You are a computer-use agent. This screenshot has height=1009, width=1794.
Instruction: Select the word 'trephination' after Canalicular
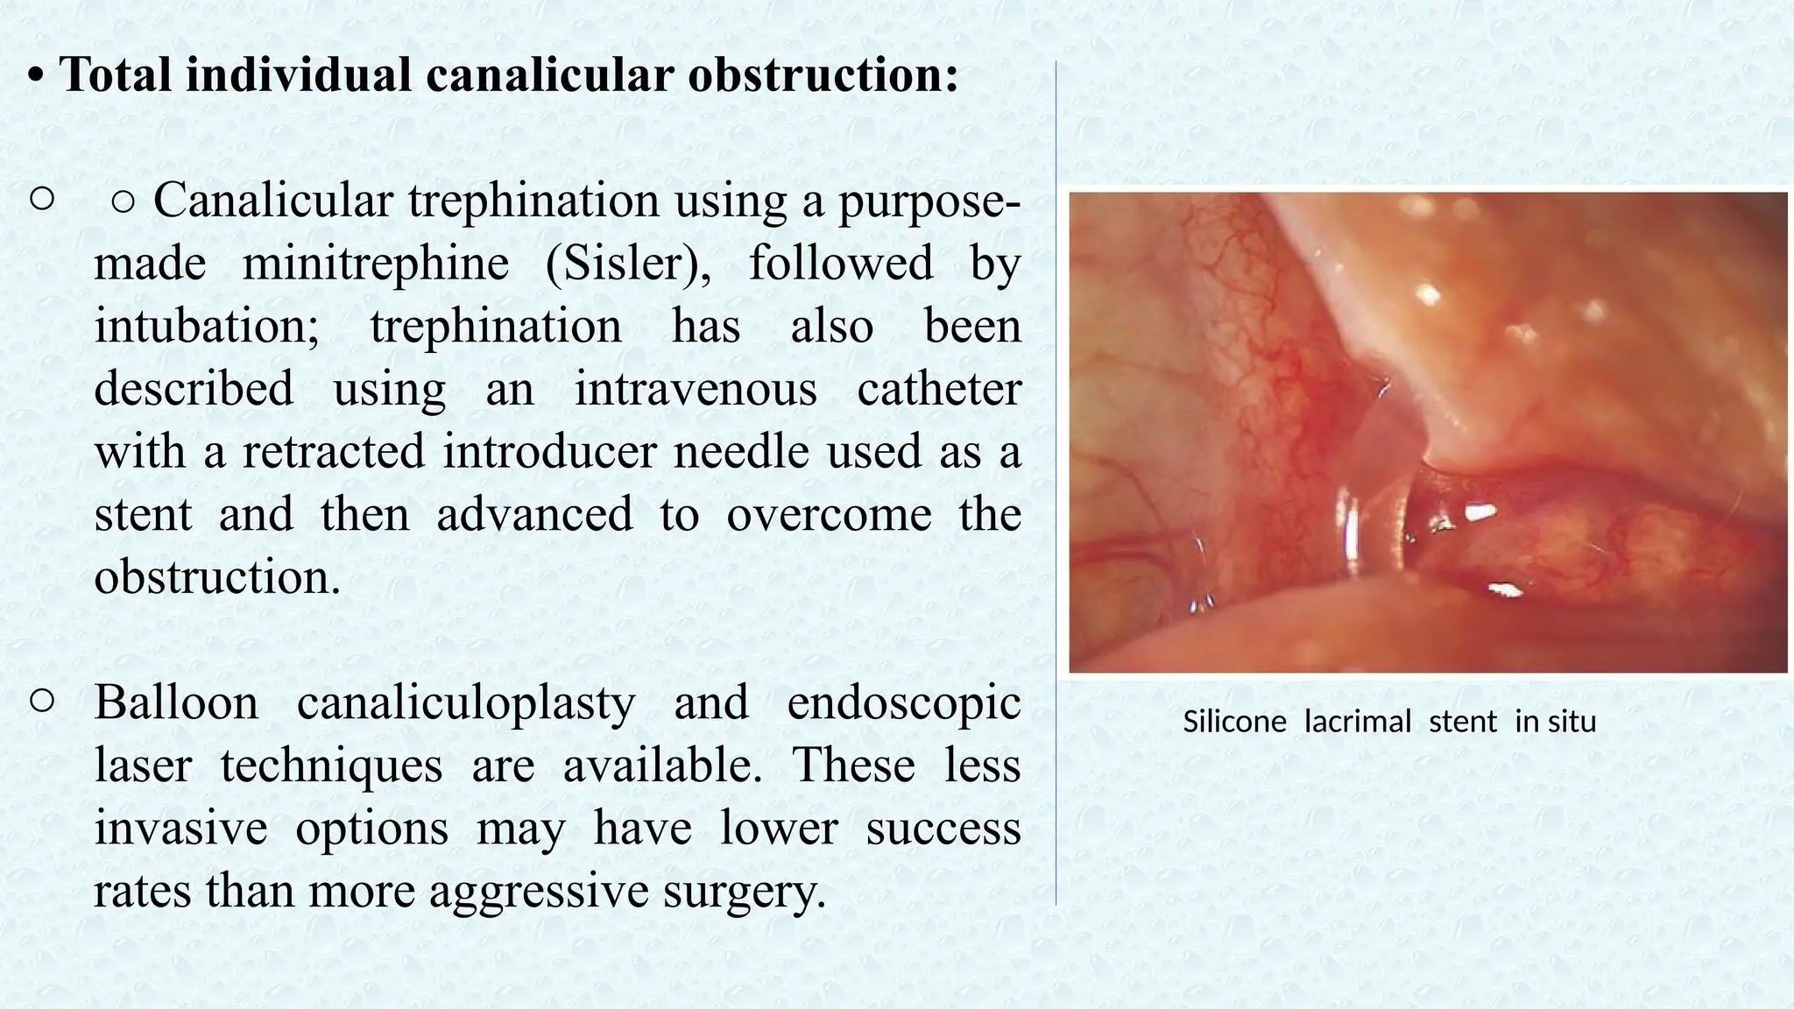(533, 200)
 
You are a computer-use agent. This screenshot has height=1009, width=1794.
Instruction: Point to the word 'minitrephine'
(375, 263)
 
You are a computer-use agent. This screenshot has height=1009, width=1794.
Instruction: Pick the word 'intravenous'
(696, 388)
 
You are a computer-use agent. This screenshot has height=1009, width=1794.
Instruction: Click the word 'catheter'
(939, 388)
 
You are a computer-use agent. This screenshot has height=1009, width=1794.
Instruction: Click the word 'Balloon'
(176, 702)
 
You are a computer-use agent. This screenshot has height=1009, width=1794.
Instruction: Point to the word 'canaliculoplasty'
(465, 703)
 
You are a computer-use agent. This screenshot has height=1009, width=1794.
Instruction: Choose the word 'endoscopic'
(904, 703)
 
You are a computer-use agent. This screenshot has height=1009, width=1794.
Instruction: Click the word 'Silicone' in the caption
(1234, 722)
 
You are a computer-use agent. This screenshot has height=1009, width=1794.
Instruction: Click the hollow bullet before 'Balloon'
(42, 701)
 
